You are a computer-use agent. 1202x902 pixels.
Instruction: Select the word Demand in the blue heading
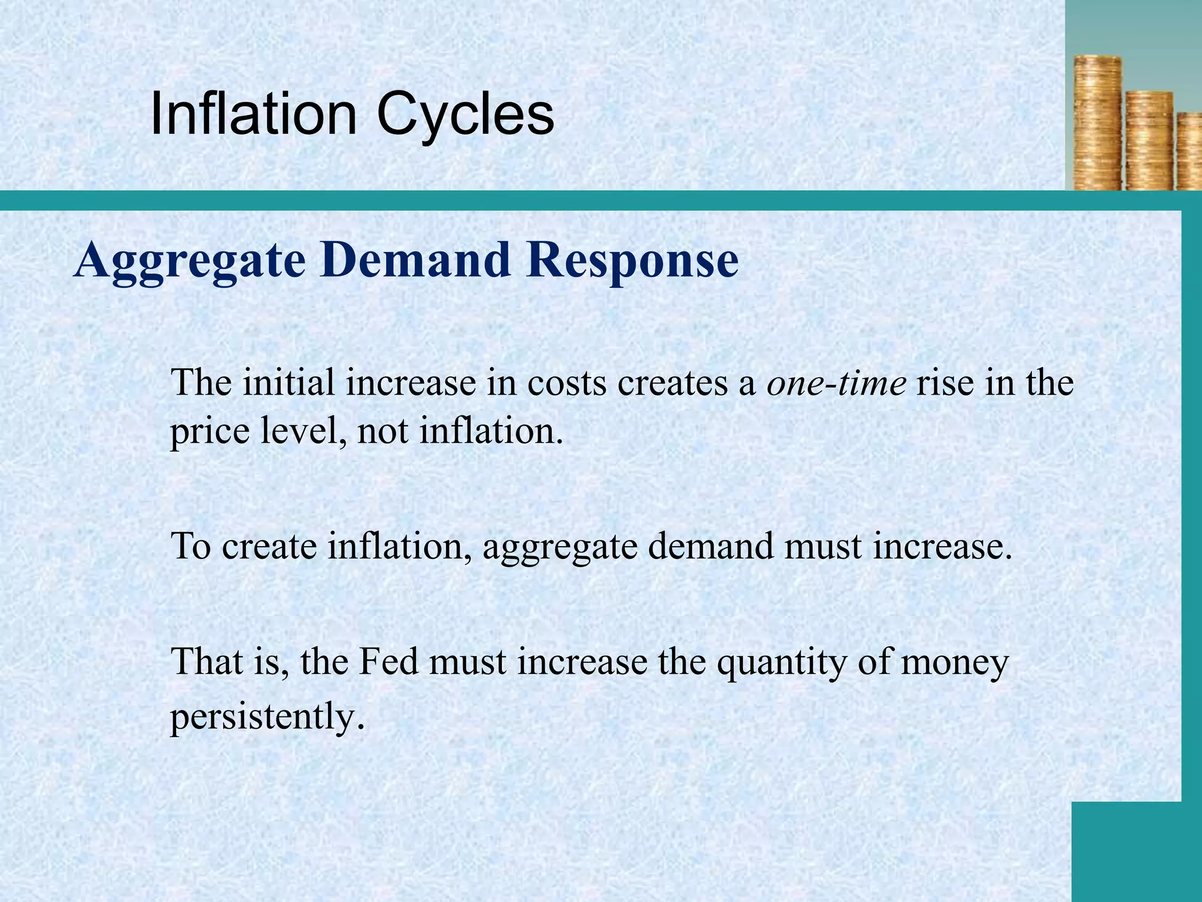point(414,260)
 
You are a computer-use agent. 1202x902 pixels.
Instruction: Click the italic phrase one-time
point(836,383)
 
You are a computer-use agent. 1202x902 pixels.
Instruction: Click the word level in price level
point(294,431)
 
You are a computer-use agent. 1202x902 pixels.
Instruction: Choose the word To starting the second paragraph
point(191,546)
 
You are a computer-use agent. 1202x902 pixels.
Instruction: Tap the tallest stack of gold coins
point(1097,123)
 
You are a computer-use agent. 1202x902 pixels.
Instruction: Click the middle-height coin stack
point(1149,141)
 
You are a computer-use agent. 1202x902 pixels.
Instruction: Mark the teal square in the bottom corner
point(1136,851)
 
